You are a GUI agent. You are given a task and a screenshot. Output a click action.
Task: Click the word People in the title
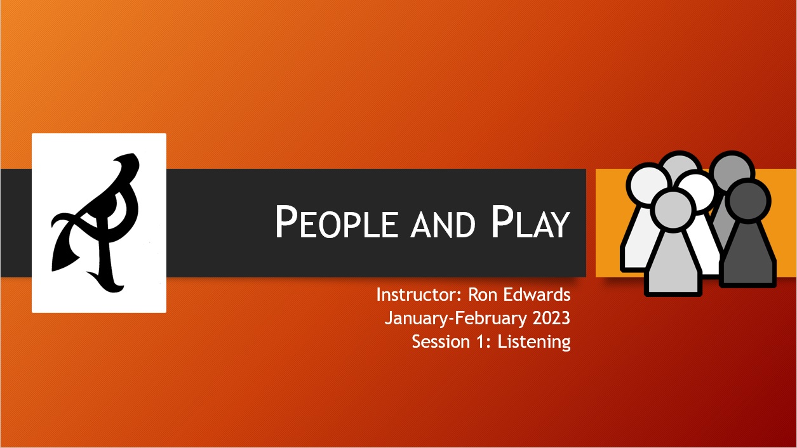pyautogui.click(x=336, y=221)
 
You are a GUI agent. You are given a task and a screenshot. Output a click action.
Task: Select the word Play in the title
pyautogui.click(x=530, y=221)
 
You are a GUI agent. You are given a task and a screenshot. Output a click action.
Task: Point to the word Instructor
pyautogui.click(x=420, y=294)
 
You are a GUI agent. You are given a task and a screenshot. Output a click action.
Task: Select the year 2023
pyautogui.click(x=551, y=317)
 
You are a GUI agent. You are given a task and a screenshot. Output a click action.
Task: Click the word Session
pyautogui.click(x=441, y=341)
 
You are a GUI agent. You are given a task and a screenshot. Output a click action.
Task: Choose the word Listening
pyautogui.click(x=533, y=342)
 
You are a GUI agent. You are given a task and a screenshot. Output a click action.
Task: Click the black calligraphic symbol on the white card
pyautogui.click(x=96, y=223)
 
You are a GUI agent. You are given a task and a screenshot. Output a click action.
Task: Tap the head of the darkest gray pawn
pyautogui.click(x=747, y=201)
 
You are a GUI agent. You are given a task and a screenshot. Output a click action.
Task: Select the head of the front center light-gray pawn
pyautogui.click(x=673, y=210)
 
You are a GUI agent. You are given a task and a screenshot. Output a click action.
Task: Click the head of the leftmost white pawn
pyautogui.click(x=648, y=185)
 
